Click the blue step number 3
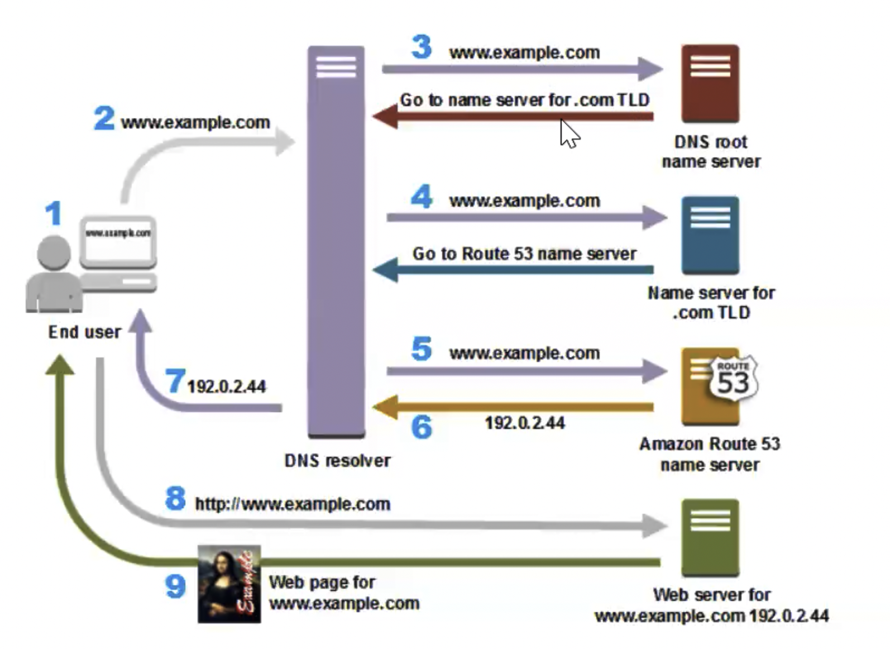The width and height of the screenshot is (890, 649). coord(422,47)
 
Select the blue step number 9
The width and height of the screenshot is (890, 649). coord(175,586)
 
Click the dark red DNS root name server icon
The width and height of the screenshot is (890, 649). coord(710,83)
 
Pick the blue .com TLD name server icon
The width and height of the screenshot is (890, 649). coord(710,235)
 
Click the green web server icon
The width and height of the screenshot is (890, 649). coord(710,537)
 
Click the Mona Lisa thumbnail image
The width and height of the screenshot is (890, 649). coord(229,584)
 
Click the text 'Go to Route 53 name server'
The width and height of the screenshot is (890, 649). coord(524,254)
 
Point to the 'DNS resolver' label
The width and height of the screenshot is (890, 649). coord(337,461)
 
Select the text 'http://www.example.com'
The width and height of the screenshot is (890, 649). coord(292,504)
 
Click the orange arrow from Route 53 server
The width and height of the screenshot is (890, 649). coord(514,407)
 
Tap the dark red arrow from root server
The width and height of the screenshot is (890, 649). coord(514,117)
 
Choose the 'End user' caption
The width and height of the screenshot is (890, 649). coord(84,332)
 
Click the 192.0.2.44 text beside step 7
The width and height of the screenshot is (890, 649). coord(226,386)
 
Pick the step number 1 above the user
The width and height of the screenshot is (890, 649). coord(54,213)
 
